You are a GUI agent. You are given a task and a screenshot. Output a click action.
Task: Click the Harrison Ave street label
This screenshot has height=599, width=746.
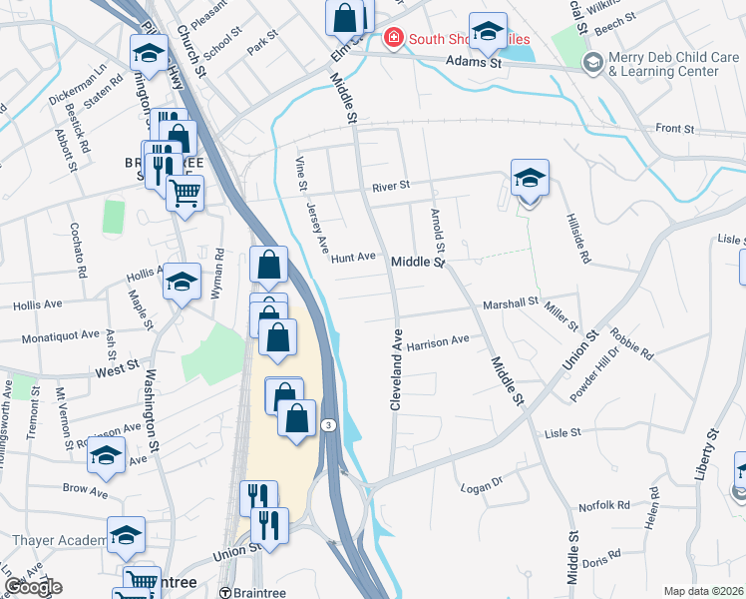click(438, 340)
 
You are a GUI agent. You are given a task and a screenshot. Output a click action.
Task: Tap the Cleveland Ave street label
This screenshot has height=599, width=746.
click(396, 370)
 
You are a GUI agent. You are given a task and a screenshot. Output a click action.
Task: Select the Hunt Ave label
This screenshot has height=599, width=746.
click(353, 257)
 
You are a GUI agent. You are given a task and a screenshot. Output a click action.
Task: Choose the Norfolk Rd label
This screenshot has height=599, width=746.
click(609, 505)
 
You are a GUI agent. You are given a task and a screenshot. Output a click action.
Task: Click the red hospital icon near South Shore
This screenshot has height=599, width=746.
click(393, 39)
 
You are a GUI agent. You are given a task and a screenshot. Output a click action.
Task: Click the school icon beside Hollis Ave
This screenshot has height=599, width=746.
click(182, 283)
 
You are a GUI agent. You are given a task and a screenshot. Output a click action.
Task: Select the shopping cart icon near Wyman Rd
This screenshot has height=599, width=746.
click(185, 192)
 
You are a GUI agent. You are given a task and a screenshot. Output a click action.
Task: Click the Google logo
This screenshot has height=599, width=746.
click(33, 587)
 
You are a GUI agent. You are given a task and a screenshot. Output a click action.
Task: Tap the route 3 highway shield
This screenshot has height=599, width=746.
click(327, 425)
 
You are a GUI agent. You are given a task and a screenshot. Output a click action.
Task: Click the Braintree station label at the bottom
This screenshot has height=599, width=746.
click(257, 591)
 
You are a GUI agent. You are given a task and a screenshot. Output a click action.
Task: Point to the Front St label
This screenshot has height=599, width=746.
click(674, 129)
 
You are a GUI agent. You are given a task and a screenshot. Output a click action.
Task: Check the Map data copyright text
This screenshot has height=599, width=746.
click(703, 591)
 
